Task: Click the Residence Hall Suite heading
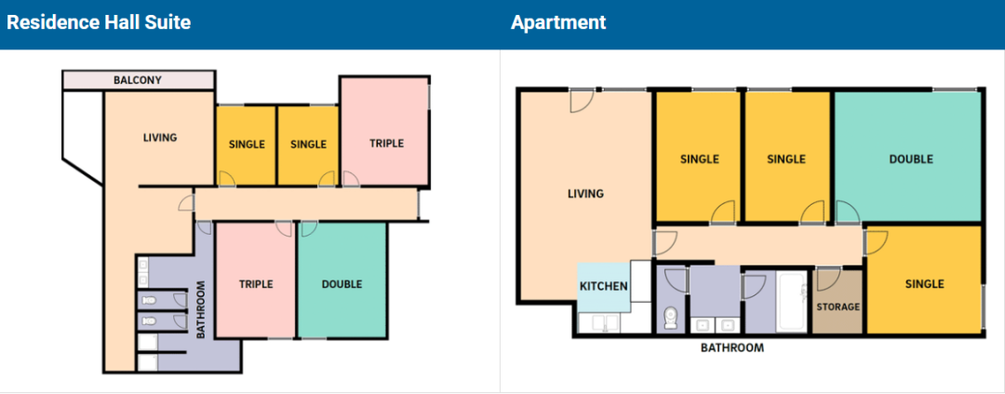pos(99,23)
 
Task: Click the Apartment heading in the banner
pos(558,23)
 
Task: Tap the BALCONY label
pos(138,81)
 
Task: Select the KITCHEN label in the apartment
pos(603,286)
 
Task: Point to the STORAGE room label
pos(837,306)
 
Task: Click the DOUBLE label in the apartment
pos(911,159)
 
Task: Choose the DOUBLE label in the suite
pos(342,284)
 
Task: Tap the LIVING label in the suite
pos(160,137)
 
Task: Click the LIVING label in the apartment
pos(586,194)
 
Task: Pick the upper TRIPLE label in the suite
pos(386,143)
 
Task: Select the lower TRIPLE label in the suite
pos(256,284)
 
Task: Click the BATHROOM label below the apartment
pos(732,348)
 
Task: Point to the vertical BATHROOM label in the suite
pos(201,310)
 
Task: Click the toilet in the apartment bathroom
pos(671,318)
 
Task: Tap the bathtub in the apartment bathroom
pos(792,302)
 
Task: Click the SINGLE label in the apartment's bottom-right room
pos(925,284)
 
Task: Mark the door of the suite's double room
pos(308,228)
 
